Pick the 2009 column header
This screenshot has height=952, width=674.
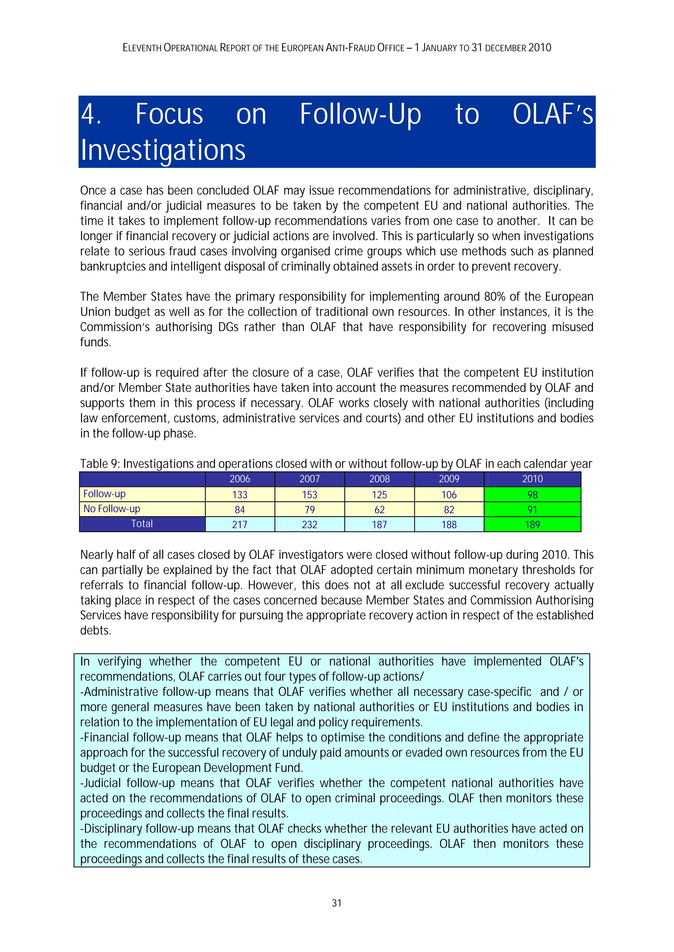point(449,479)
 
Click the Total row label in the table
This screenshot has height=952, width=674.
point(142,524)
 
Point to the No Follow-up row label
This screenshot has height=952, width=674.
point(112,509)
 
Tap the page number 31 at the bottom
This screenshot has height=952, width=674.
point(337,903)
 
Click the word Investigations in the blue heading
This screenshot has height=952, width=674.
point(163,150)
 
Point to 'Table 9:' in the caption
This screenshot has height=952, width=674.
point(100,464)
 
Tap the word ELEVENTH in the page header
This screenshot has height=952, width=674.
point(142,48)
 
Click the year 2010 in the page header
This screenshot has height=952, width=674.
point(539,48)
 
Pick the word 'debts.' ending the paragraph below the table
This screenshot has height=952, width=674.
point(95,631)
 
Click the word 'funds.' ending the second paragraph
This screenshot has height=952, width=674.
point(95,343)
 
